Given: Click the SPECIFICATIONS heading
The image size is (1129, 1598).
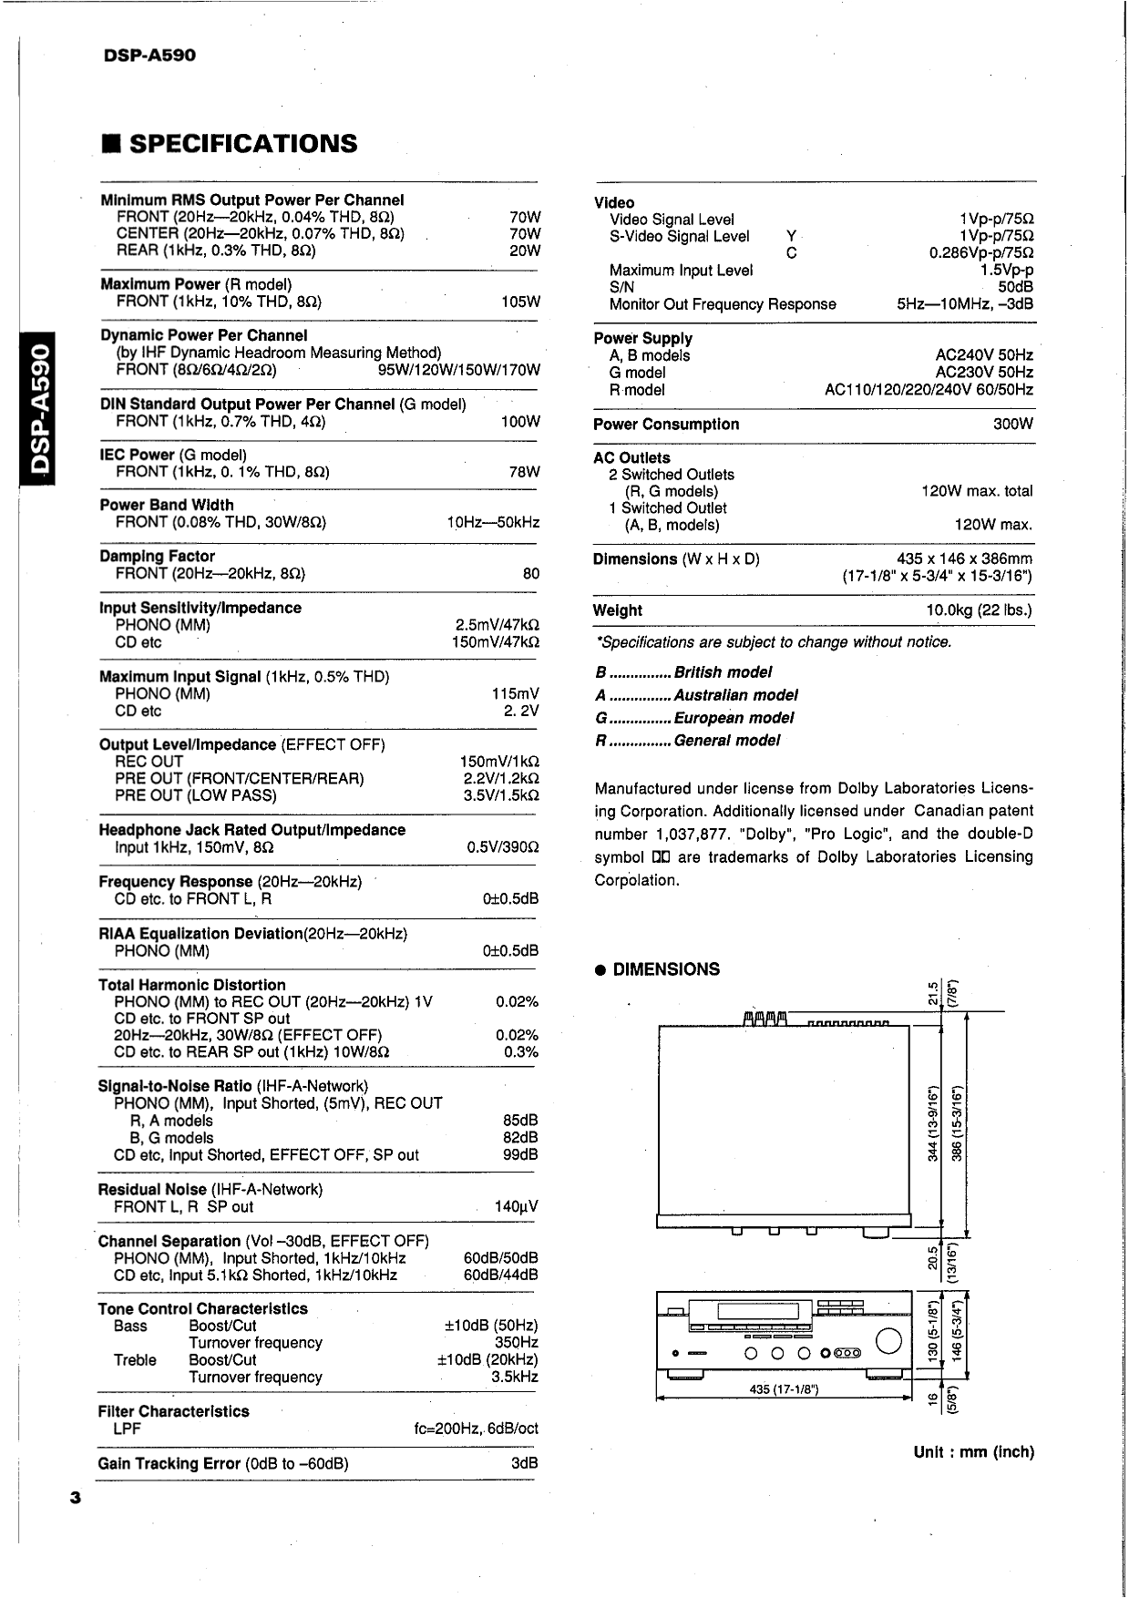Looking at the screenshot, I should (242, 144).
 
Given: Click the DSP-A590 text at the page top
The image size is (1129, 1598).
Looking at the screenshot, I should (149, 56).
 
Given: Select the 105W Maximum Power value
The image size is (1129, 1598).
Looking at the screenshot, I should (520, 302).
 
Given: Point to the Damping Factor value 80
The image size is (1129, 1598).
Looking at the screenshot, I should (530, 573).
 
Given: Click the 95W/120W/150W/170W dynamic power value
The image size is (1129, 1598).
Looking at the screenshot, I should (458, 370).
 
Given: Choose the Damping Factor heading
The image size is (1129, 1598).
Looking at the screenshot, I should (158, 556).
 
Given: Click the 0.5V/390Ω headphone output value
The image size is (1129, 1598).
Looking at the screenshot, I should (502, 847).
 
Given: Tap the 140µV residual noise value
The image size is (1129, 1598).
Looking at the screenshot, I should (516, 1206).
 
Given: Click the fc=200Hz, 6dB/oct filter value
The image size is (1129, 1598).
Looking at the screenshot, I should (476, 1429).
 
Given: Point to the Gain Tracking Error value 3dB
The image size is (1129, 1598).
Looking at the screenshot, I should (524, 1463).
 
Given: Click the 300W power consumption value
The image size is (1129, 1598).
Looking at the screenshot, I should (1012, 425).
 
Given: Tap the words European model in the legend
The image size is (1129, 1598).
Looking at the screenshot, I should (734, 718).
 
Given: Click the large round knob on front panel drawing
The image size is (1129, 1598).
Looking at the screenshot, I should (888, 1341).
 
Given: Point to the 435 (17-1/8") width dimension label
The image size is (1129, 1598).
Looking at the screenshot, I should (784, 1389).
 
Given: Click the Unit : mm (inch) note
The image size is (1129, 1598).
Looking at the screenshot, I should (973, 1452).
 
